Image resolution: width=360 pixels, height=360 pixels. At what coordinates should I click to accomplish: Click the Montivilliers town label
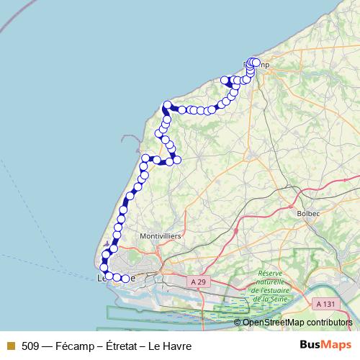point(161,235)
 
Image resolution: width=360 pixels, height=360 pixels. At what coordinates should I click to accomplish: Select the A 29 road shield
point(199,279)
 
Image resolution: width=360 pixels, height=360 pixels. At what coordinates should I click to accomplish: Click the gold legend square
point(10,346)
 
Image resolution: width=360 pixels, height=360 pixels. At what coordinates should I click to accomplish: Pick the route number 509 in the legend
point(30,346)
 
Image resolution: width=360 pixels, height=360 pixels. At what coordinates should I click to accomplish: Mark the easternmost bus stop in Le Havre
point(125,278)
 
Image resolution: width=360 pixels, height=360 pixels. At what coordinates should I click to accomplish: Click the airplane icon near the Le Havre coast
point(107,243)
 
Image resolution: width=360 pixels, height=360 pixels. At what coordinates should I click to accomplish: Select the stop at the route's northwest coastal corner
point(167,105)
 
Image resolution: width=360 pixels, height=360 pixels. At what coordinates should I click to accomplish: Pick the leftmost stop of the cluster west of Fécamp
point(224,80)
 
